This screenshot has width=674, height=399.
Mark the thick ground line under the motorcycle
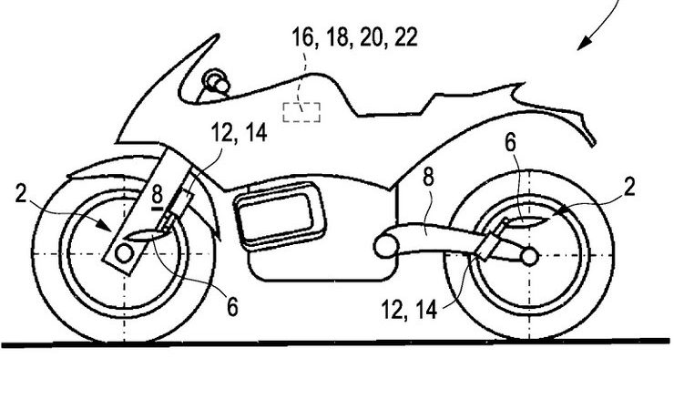click(x=337, y=344)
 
